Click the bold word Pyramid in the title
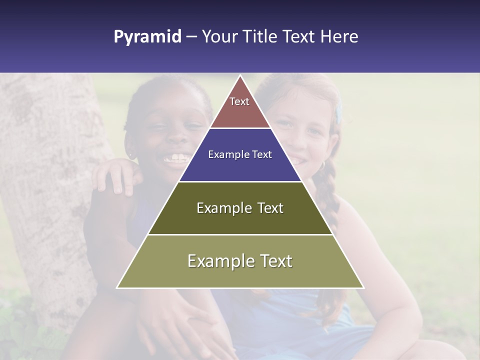(x=147, y=37)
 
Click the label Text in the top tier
(x=239, y=101)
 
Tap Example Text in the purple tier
(x=240, y=154)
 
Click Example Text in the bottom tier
(x=240, y=261)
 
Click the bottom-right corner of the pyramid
(x=363, y=287)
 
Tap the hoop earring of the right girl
(x=322, y=164)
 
